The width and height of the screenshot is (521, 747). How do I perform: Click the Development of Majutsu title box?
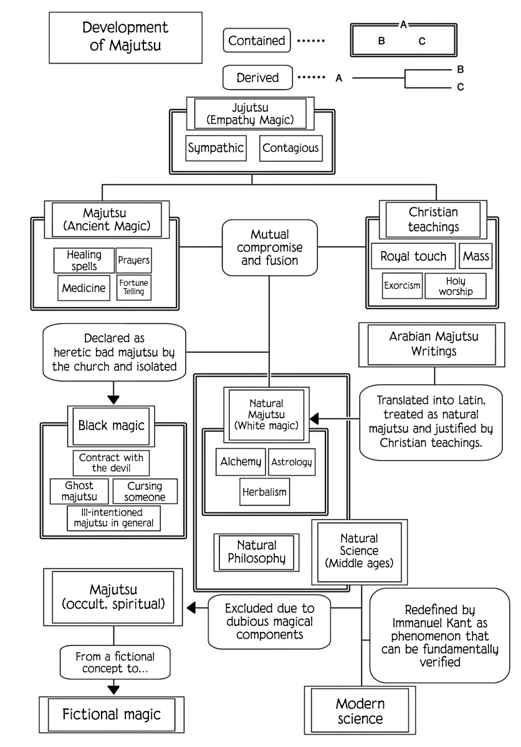point(125,38)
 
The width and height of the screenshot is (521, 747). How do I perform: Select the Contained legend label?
point(257,40)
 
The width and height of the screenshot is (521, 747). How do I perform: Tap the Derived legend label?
point(257,77)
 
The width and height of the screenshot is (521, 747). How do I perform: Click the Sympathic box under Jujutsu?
point(216,148)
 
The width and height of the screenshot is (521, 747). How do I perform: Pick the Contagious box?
point(291,148)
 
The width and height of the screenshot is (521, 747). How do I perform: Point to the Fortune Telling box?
point(134,287)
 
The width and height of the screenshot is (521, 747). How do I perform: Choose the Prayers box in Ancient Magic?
point(134,260)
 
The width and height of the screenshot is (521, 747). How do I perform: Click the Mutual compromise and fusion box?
point(270,248)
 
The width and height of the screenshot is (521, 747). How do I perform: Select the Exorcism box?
point(402,286)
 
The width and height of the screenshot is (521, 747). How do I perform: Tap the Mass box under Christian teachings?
point(476,256)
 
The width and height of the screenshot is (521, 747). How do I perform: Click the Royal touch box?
point(413,256)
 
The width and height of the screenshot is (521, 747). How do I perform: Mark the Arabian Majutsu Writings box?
point(432,344)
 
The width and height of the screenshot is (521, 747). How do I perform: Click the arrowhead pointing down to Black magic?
point(113,400)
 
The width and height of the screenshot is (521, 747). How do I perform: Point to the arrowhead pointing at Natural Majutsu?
point(314,418)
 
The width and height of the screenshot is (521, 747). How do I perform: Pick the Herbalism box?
point(265,492)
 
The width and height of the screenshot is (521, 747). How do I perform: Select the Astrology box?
point(292,462)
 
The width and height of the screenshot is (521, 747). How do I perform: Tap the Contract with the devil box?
point(111,463)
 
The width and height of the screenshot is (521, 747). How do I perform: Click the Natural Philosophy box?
point(256,552)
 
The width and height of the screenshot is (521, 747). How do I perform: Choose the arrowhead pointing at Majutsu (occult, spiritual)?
point(191,608)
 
